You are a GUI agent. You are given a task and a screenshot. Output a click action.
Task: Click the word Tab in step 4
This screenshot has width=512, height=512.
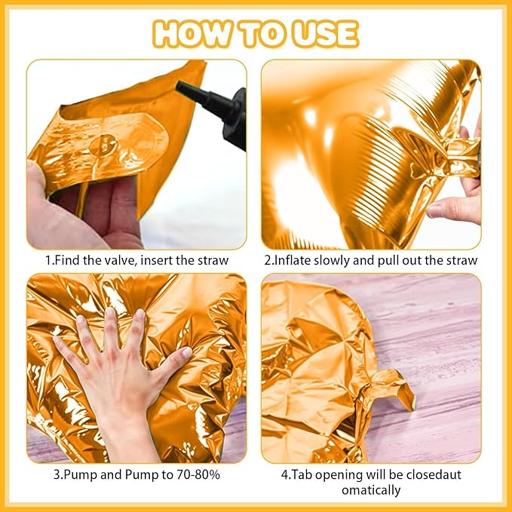pos(301,474)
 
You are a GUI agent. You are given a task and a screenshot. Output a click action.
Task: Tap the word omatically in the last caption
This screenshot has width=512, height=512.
pos(371,490)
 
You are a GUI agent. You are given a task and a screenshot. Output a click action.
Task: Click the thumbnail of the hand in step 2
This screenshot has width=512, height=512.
pos(435,210)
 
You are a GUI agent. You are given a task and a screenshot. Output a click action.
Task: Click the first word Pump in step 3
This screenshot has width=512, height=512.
pos(80,474)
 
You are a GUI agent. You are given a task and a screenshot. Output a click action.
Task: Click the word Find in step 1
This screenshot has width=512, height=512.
pos(66,260)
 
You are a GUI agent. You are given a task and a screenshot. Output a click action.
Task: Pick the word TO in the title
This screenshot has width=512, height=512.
pos(262,34)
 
